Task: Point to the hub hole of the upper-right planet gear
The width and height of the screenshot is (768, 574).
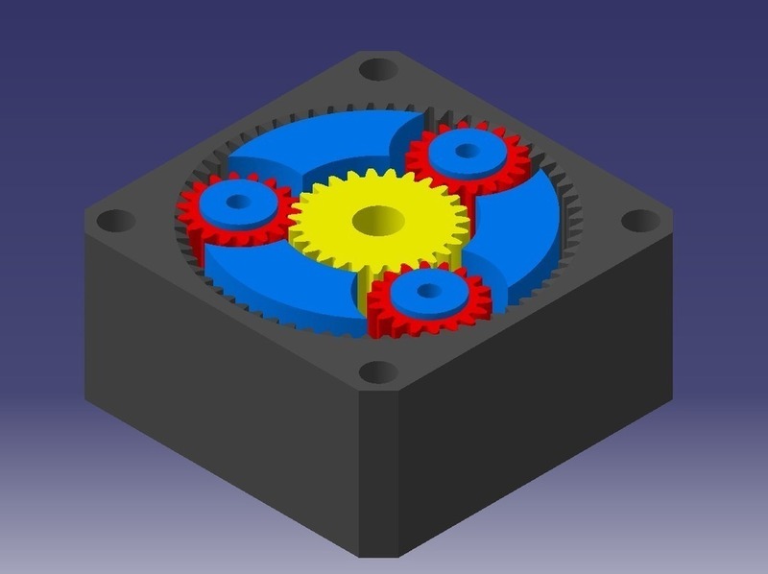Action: pyautogui.click(x=467, y=151)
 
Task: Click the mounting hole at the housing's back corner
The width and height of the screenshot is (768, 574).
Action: pyautogui.click(x=380, y=69)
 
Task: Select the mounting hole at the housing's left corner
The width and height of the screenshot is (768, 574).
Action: pyautogui.click(x=116, y=221)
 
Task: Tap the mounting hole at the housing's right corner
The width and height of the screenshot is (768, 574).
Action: pyautogui.click(x=639, y=220)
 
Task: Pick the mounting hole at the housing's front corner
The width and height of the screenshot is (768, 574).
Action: pyautogui.click(x=380, y=371)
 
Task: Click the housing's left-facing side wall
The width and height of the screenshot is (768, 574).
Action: pyautogui.click(x=211, y=403)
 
